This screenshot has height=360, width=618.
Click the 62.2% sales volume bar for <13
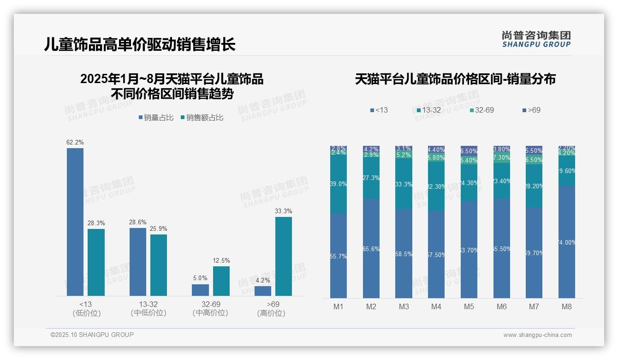(x=75, y=222)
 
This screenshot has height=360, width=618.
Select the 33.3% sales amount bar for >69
(x=284, y=256)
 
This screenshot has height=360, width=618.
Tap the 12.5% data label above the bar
(x=221, y=261)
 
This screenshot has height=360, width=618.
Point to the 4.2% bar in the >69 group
(x=263, y=291)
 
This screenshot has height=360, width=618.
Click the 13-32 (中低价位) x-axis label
(x=149, y=308)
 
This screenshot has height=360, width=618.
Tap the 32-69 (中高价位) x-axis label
(x=211, y=308)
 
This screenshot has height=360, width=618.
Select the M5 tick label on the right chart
(x=469, y=307)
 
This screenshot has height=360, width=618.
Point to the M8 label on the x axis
(x=567, y=307)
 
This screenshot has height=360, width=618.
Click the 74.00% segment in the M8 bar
(x=567, y=242)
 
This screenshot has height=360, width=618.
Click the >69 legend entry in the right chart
(x=531, y=110)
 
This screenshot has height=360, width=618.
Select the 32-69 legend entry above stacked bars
(x=481, y=110)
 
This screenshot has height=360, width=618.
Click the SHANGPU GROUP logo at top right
(x=536, y=39)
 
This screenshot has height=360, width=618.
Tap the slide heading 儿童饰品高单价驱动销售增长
(x=140, y=45)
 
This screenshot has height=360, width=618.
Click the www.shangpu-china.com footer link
(x=537, y=335)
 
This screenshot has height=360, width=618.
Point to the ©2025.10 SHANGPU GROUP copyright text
(x=92, y=335)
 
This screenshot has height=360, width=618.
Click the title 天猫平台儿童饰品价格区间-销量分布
(x=455, y=79)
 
